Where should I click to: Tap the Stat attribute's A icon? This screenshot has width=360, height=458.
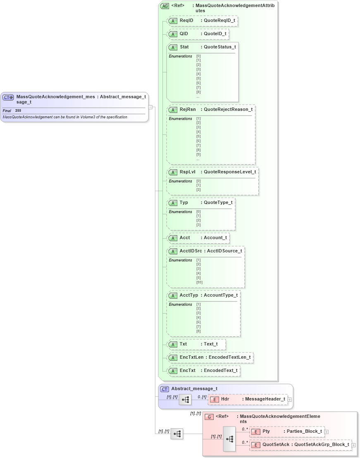(x=174, y=47)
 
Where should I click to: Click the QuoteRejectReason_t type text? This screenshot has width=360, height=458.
(x=228, y=110)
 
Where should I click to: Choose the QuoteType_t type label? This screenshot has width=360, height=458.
(x=218, y=202)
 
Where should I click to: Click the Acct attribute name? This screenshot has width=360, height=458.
(x=185, y=237)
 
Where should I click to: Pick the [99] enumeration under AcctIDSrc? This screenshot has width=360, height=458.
(x=199, y=282)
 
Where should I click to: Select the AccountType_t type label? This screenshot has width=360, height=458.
(x=220, y=295)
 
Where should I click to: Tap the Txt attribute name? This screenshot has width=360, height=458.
(x=183, y=344)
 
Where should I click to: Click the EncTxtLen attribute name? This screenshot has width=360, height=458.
(x=191, y=357)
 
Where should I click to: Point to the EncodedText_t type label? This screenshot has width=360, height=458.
(x=220, y=370)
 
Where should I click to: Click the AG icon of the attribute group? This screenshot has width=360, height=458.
(x=165, y=6)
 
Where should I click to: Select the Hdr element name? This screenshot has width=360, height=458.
(x=225, y=399)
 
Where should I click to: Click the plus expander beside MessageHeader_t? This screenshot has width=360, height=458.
(x=290, y=400)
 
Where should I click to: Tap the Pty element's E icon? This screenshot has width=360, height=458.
(x=255, y=432)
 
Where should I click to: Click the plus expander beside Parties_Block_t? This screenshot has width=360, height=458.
(x=327, y=432)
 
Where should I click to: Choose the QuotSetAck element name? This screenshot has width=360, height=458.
(x=276, y=445)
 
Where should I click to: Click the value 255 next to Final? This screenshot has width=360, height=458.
(x=18, y=111)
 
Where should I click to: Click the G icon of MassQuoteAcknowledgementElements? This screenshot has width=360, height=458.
(x=209, y=417)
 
